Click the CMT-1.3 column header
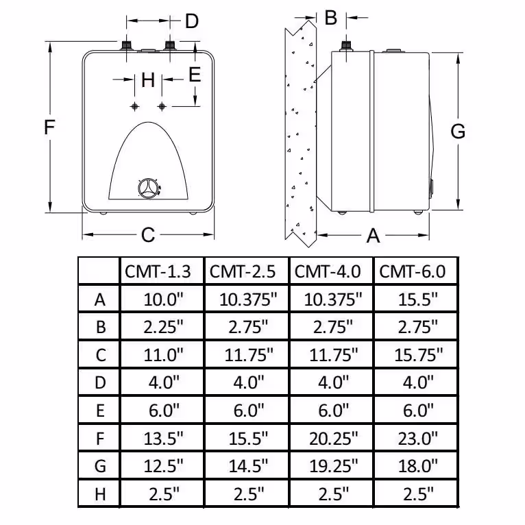(x=158, y=271)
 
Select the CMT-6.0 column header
(x=412, y=271)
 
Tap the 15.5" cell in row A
(x=418, y=300)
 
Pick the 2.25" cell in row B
(x=163, y=327)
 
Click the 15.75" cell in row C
(x=418, y=355)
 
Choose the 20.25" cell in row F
(x=334, y=438)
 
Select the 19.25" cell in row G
(x=334, y=466)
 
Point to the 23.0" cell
(x=418, y=438)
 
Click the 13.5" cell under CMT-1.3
(x=163, y=438)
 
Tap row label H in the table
(x=101, y=494)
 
